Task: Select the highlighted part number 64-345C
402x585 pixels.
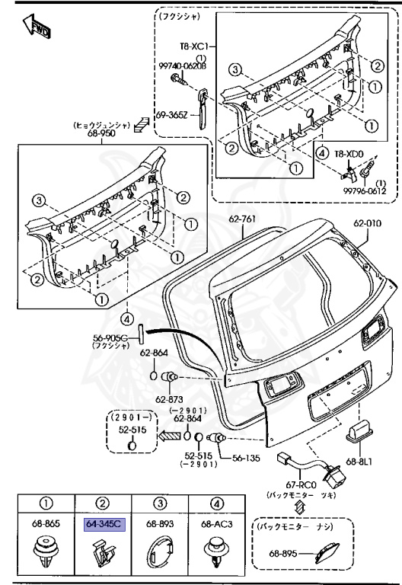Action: click(x=102, y=524)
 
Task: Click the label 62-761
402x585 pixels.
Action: click(x=244, y=219)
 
